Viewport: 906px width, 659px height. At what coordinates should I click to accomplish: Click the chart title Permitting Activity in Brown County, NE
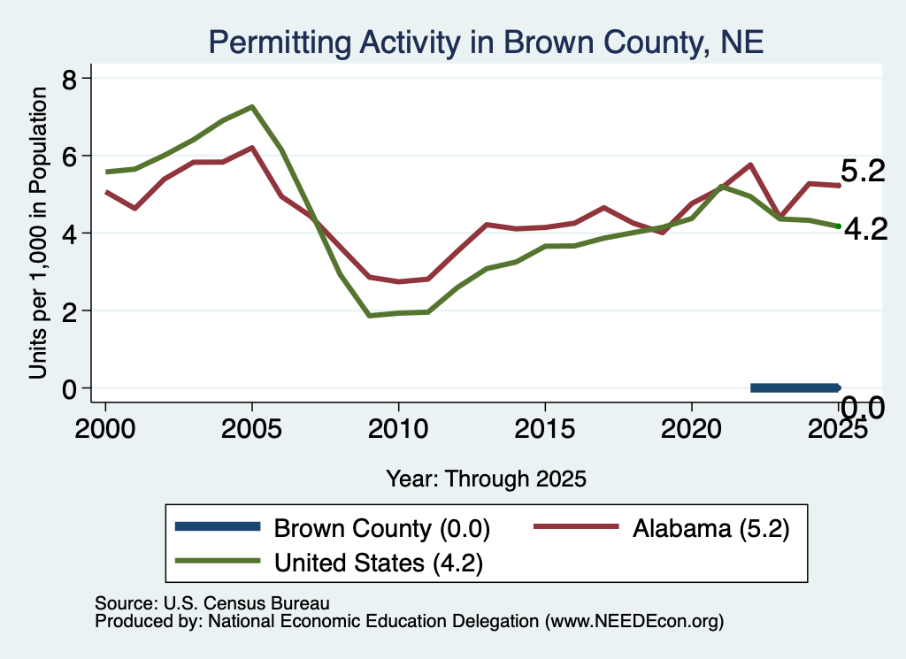click(486, 42)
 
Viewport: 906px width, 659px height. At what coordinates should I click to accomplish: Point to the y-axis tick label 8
click(69, 79)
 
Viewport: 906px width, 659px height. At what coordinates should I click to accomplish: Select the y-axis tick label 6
click(69, 157)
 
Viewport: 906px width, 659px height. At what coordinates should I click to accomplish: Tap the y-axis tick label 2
click(69, 311)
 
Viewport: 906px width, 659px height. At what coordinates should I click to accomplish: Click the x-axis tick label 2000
click(105, 429)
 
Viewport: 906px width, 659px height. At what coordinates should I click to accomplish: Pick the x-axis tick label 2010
click(398, 429)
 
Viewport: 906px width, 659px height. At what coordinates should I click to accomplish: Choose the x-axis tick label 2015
click(544, 429)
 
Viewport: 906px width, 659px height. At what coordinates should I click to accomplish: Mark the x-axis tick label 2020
click(691, 429)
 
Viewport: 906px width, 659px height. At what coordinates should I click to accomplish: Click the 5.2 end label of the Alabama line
click(862, 172)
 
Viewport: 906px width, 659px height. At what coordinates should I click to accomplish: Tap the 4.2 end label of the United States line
click(865, 230)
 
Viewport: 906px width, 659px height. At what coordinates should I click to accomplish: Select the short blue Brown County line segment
click(795, 388)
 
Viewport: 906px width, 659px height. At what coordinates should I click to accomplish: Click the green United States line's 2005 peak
click(252, 107)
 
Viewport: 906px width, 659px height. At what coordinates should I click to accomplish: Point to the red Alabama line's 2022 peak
click(750, 165)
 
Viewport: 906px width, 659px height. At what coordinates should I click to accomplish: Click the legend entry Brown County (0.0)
click(333, 528)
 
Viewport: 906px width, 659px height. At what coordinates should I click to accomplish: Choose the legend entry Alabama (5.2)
click(662, 528)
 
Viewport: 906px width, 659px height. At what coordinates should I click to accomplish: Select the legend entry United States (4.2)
click(329, 562)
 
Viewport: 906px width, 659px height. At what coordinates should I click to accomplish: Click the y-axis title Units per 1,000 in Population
click(38, 234)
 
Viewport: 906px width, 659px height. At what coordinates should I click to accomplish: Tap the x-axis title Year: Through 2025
click(486, 479)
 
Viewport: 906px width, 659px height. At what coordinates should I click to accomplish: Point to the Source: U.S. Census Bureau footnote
click(212, 603)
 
